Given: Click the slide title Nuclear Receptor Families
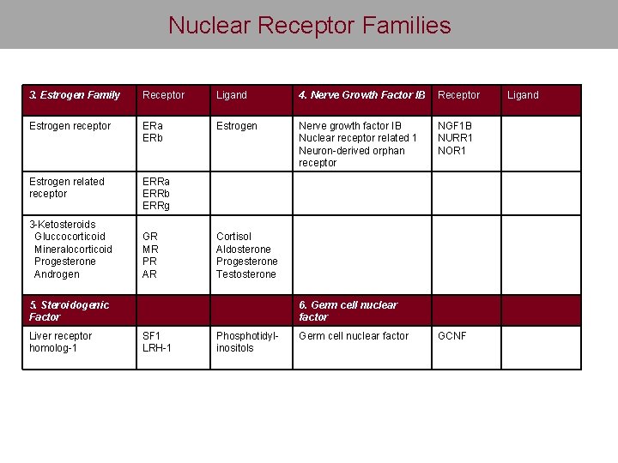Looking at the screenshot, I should [x=309, y=25].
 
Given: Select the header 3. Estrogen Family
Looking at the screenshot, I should [x=75, y=95].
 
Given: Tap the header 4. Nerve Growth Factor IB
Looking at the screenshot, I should [x=361, y=95].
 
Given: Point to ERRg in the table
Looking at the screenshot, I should [x=156, y=207].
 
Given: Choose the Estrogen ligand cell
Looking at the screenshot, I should [x=237, y=126].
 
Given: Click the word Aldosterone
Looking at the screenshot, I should [x=244, y=250].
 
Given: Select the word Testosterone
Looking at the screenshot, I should [x=246, y=274].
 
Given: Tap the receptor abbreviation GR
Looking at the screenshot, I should [x=150, y=237].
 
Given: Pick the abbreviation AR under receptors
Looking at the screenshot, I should [x=150, y=274].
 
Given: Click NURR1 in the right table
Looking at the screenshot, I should [x=456, y=138].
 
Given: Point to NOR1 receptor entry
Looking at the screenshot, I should [x=452, y=151].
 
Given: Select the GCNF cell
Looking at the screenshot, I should [x=452, y=336].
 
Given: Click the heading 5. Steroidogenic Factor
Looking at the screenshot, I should [x=70, y=310].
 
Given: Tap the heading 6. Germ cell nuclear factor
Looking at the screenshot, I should [x=348, y=310].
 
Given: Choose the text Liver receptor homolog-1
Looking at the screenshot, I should [x=61, y=341].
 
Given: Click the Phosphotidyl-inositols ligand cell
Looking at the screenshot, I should [x=247, y=341].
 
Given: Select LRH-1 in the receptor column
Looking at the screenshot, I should [x=157, y=348].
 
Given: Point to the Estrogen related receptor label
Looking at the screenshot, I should [x=66, y=187].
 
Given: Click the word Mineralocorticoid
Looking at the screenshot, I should [x=73, y=250].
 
